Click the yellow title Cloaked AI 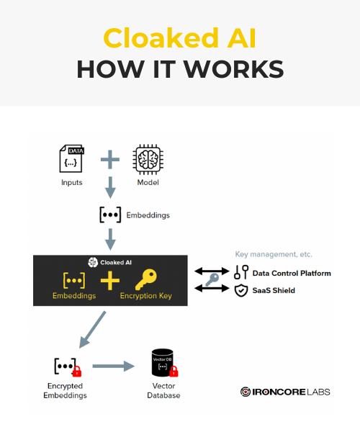coord(180,38)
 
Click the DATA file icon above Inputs coord(71,158)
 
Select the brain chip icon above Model coord(148,159)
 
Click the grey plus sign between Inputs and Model coord(110,160)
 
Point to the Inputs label coord(71,182)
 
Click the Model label coord(148,182)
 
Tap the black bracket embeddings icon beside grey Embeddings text coord(110,215)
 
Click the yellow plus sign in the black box coord(110,281)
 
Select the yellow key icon coord(146,279)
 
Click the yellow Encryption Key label coord(146,296)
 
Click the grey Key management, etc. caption coord(274,254)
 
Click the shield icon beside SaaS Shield coord(241,290)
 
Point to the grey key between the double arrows coord(212,280)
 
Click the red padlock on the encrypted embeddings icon coord(77,372)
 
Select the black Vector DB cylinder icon coord(163,363)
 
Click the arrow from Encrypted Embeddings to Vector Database coord(114,366)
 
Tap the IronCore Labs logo coord(285,392)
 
